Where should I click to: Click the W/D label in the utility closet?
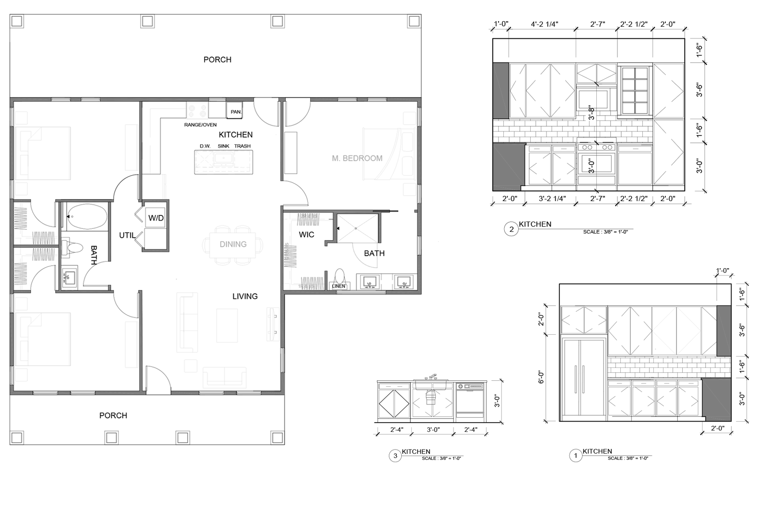click(x=156, y=218)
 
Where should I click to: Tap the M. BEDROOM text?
click(x=357, y=158)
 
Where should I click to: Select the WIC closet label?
click(x=306, y=235)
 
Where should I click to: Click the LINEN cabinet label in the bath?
click(x=338, y=286)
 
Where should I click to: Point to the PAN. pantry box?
click(x=235, y=112)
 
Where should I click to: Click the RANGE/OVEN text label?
click(x=200, y=125)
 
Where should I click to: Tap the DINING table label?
click(x=233, y=244)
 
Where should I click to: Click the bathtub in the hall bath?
click(x=86, y=217)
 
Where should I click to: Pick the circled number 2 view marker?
click(x=511, y=229)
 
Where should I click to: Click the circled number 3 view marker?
click(x=395, y=456)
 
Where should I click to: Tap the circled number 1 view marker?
click(x=575, y=456)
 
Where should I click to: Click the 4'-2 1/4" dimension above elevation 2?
click(x=545, y=24)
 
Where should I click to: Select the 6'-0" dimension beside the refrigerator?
click(x=541, y=377)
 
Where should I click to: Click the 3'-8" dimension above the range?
click(x=592, y=113)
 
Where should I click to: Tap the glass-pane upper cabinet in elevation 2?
click(x=635, y=91)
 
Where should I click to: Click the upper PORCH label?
click(x=217, y=59)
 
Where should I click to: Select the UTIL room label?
click(x=127, y=236)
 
